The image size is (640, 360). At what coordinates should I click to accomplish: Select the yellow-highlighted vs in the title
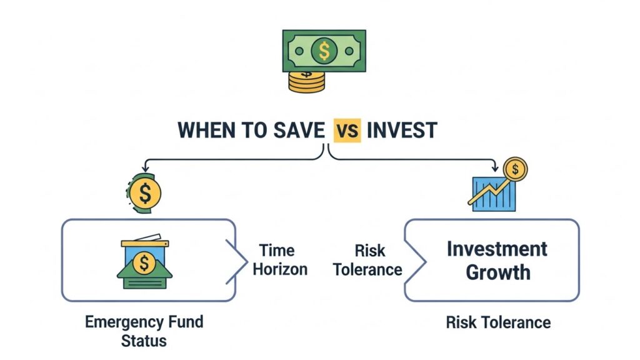point(347,130)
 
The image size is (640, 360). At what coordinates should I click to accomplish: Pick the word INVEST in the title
point(402,130)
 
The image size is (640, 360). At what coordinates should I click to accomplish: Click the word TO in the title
point(256,130)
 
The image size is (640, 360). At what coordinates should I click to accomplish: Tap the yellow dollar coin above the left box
point(146,194)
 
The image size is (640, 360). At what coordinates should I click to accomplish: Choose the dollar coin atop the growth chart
point(516,169)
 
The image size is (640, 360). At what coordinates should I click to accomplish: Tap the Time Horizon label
point(282,260)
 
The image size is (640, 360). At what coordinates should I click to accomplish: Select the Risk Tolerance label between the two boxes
point(367,260)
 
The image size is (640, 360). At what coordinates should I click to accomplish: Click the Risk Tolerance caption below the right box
point(498,322)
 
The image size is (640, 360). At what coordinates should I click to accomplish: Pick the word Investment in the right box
point(497,249)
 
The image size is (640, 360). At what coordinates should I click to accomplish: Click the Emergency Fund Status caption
point(144,331)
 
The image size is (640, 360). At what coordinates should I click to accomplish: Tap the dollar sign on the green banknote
point(323,51)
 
